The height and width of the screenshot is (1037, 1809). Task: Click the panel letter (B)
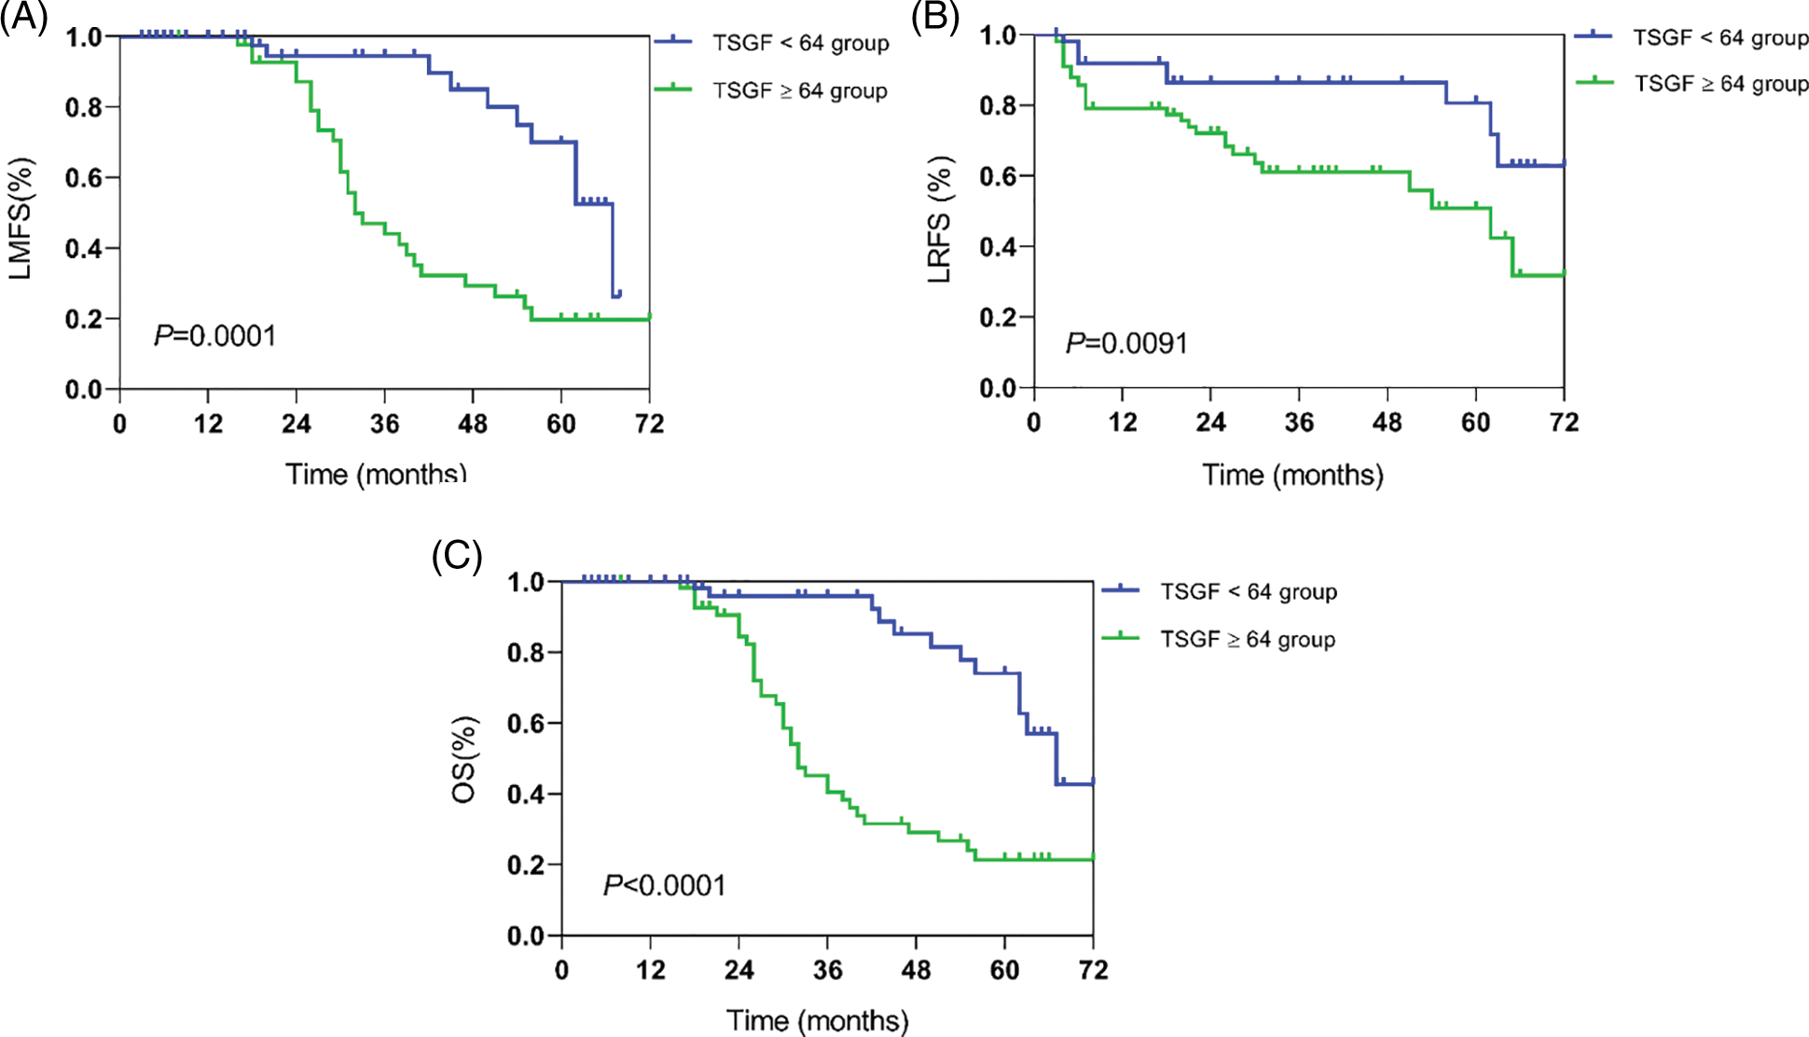click(934, 18)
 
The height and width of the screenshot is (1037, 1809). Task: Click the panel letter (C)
click(457, 556)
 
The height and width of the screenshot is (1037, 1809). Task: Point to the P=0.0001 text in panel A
click(215, 336)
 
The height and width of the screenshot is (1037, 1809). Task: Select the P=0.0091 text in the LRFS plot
click(1126, 344)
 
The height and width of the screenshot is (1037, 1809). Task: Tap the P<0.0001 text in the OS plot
click(664, 885)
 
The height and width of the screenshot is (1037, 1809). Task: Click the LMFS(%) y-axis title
click(21, 219)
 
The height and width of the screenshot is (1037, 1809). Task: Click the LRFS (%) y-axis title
click(940, 219)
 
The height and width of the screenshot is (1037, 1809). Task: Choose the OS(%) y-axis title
click(464, 760)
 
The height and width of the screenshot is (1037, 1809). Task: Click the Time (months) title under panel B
click(1292, 475)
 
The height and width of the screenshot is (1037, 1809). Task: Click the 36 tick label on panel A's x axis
click(384, 424)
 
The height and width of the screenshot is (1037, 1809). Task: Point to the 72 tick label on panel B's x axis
click(1564, 422)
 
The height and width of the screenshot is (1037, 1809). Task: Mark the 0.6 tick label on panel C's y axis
click(525, 724)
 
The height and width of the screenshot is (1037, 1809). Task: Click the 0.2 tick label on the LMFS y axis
click(83, 319)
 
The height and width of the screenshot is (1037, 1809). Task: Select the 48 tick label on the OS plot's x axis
click(916, 970)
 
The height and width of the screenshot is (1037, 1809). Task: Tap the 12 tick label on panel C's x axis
click(650, 970)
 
